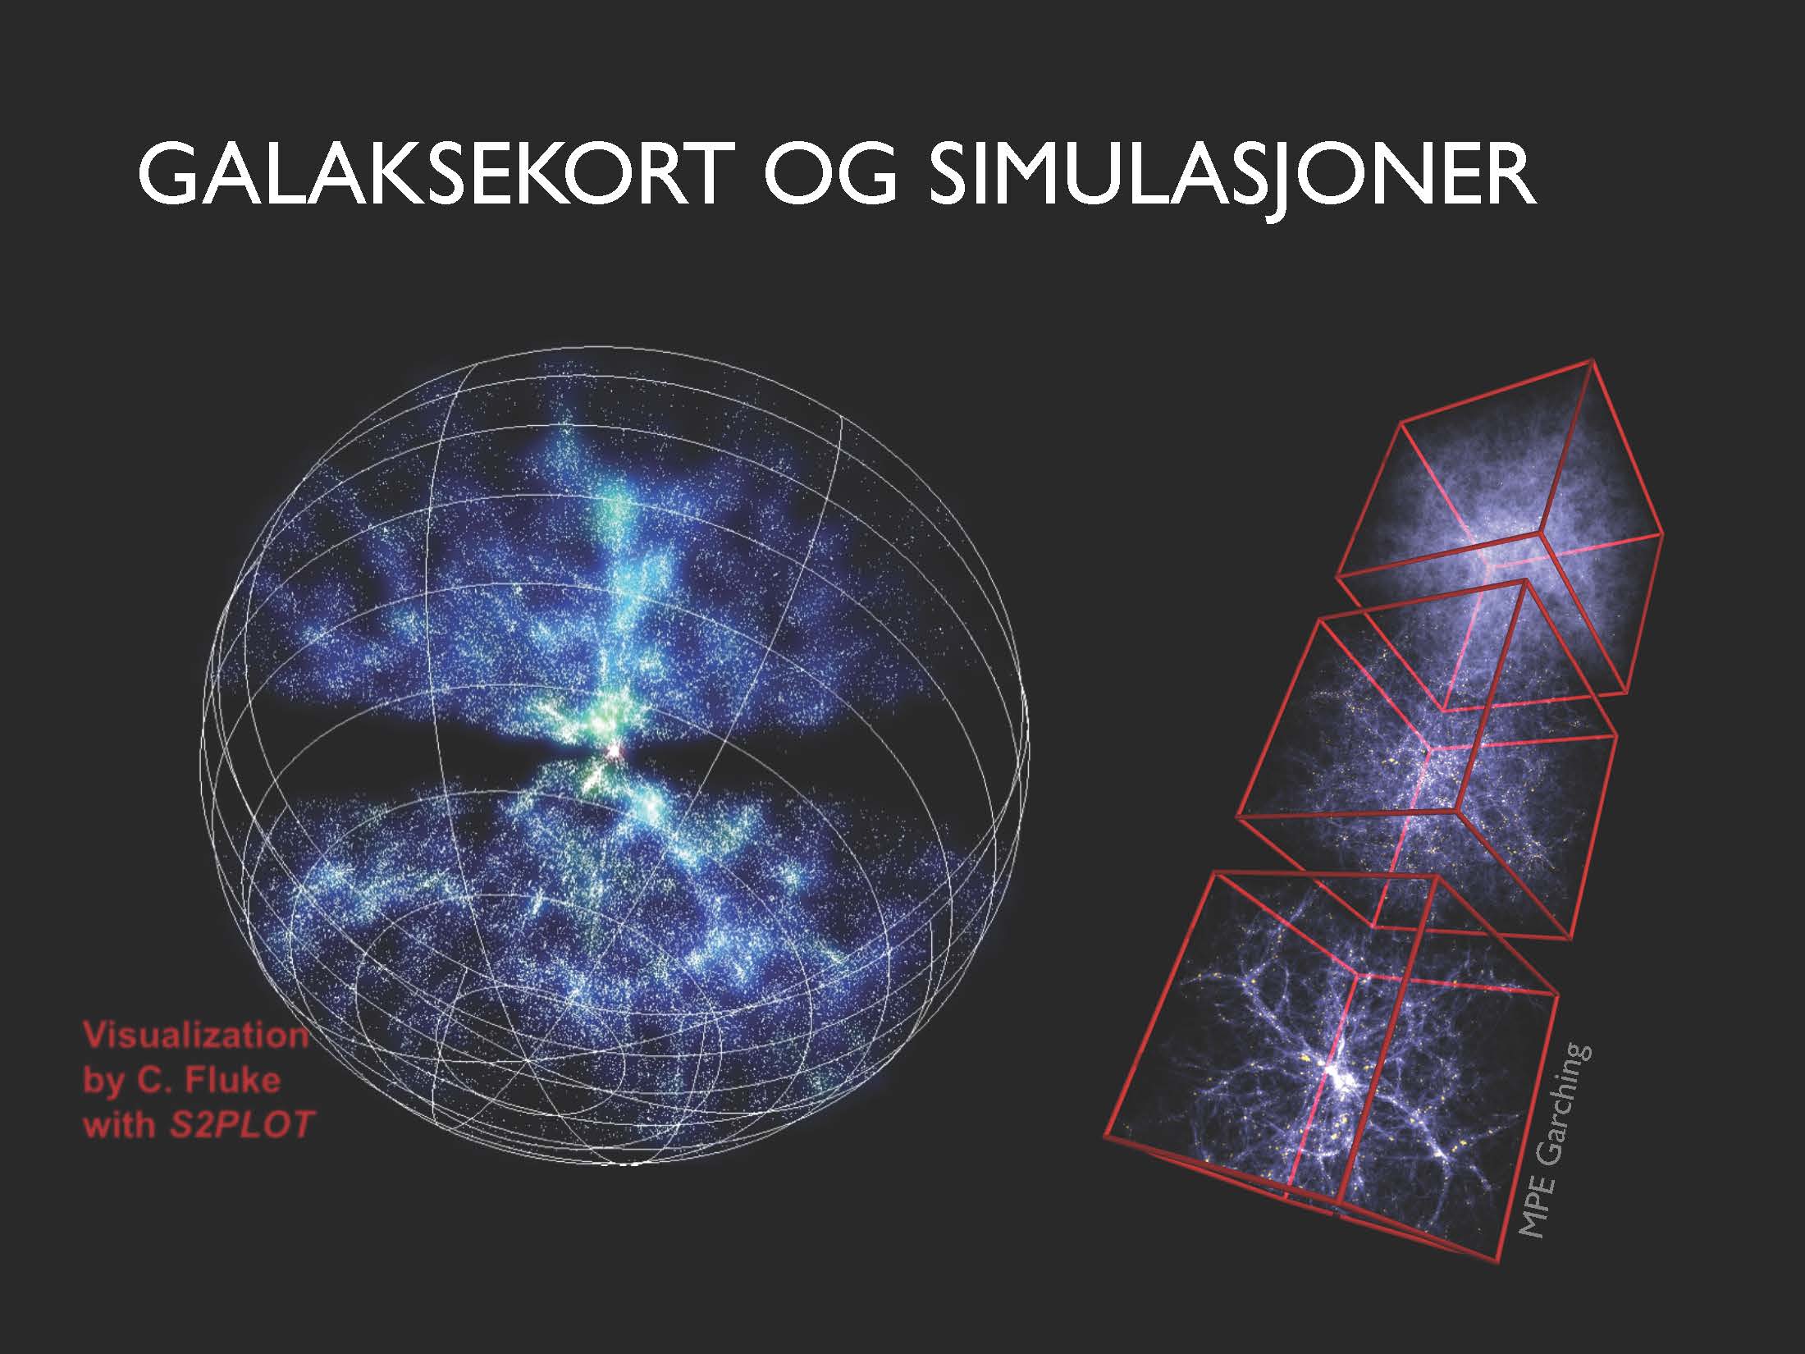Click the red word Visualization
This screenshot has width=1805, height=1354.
point(195,1035)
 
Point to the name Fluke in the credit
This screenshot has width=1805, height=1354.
point(233,1080)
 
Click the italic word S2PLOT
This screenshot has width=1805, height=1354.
point(242,1124)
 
